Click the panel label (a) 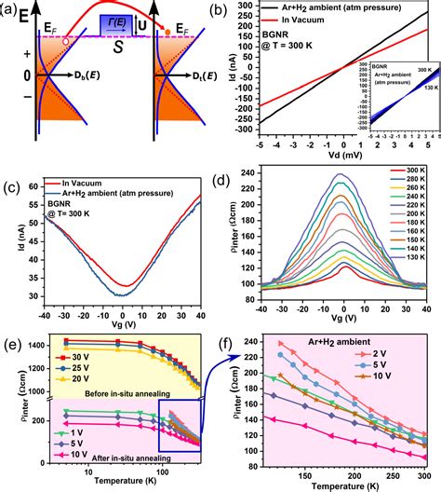[12, 10]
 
